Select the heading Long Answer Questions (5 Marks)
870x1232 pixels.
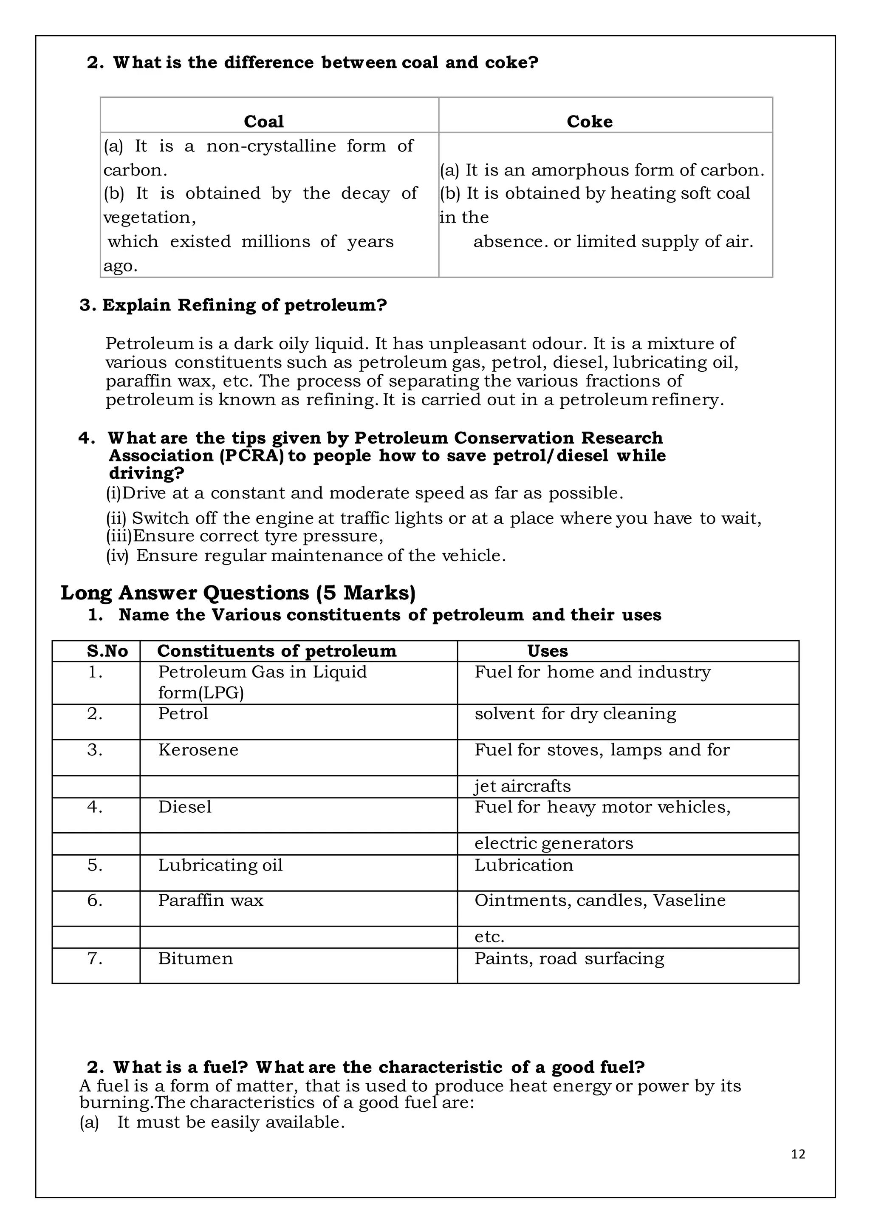coord(238,593)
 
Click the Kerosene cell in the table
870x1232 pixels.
coord(198,750)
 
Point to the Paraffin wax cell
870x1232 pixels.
coord(210,900)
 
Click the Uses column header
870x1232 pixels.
coord(547,651)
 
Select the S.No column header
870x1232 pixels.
coord(107,651)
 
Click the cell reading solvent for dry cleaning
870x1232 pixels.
coord(575,714)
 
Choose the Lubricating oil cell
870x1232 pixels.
coord(220,865)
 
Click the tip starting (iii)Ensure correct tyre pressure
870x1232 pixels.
coord(245,536)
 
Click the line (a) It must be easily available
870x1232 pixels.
coord(212,1122)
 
